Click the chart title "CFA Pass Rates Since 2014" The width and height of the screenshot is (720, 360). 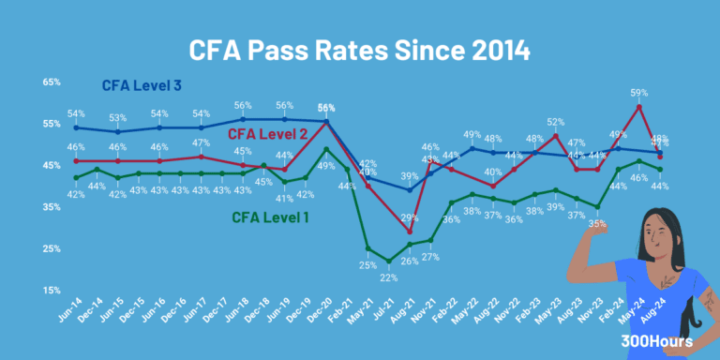(360, 48)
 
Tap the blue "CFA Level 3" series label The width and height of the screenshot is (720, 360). (142, 86)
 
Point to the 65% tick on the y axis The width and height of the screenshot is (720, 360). (52, 82)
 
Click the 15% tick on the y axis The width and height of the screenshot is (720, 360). (52, 291)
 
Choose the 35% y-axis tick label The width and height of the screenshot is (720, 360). (52, 207)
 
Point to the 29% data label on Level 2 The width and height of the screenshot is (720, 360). (410, 217)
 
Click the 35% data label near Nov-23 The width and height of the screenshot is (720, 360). (597, 223)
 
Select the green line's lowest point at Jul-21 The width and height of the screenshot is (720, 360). (388, 261)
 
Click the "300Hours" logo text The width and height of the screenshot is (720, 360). (663, 342)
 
